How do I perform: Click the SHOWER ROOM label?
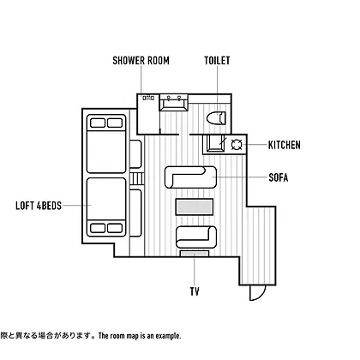pos(141,61)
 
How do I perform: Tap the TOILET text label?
pos(217,61)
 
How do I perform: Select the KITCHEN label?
pos(285,145)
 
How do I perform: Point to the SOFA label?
pos(279,177)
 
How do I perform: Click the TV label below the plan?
pos(195,291)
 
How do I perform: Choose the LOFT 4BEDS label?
pos(39,206)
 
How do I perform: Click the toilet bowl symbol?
pos(216,118)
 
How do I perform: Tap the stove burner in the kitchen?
pos(237,145)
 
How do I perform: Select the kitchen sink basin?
pos(213,143)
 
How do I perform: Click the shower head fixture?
pos(148,98)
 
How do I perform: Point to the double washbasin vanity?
pos(174,102)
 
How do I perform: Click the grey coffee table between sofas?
pos(195,207)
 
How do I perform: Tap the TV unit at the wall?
pos(195,254)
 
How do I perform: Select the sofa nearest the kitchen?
pos(190,177)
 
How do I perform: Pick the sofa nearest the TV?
pos(196,237)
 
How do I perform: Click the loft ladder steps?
pos(137,179)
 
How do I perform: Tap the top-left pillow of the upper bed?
pos(98,123)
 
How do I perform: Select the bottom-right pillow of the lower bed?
pos(115,228)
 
